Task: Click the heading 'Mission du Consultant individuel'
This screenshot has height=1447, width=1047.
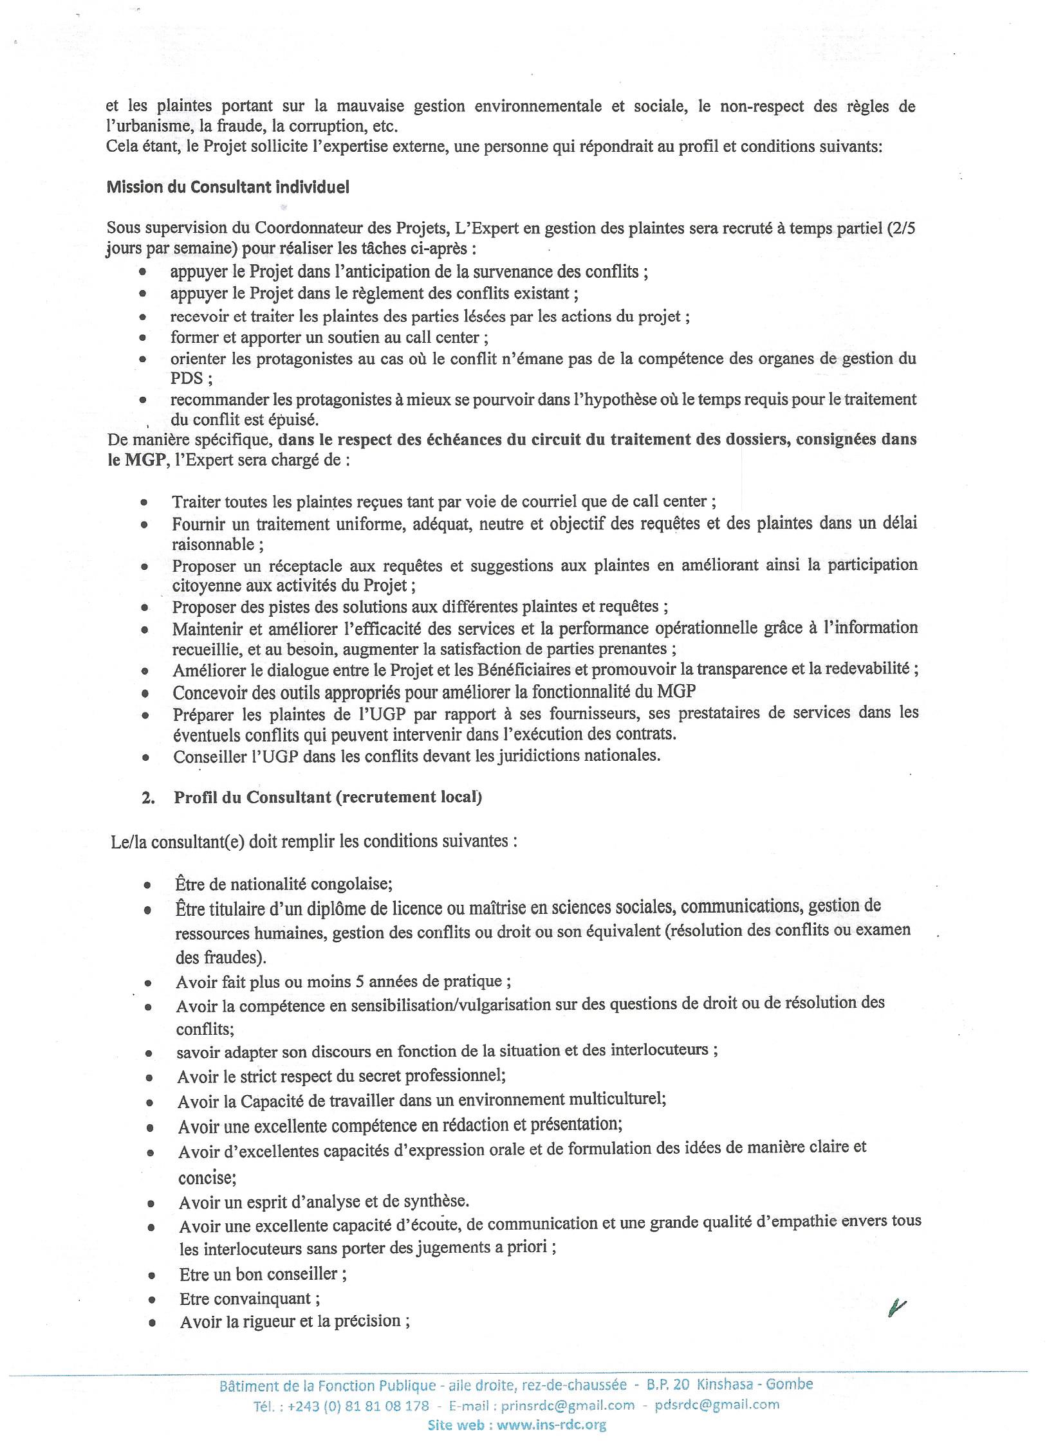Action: [228, 187]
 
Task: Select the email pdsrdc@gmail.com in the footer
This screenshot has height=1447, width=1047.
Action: [717, 1405]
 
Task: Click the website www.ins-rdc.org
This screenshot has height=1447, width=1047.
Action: [551, 1425]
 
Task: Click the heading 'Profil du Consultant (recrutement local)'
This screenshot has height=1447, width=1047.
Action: [328, 797]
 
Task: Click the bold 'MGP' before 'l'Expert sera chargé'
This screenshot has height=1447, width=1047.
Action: [144, 460]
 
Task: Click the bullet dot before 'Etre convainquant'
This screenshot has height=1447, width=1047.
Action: [152, 1300]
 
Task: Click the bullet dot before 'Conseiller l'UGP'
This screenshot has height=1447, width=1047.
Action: [146, 758]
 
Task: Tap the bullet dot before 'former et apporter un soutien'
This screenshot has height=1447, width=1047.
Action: [142, 338]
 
